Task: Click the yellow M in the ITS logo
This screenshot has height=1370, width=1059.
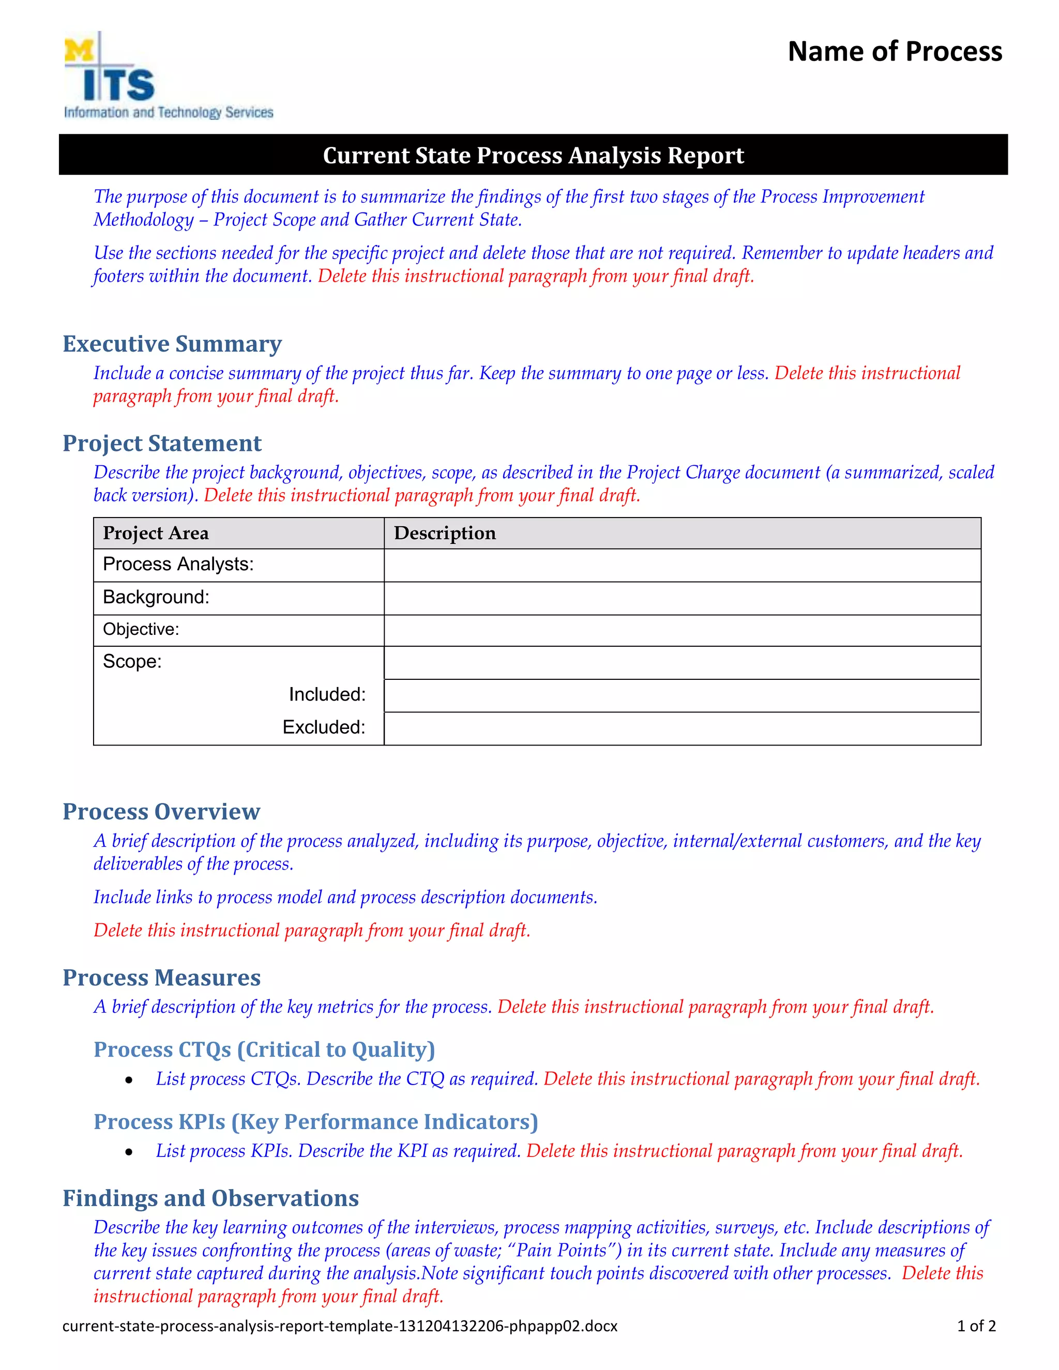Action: (79, 51)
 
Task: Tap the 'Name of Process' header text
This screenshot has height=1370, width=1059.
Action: (895, 51)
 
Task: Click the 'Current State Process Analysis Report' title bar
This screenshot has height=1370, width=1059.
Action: (533, 155)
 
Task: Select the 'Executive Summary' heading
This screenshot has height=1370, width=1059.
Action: (172, 344)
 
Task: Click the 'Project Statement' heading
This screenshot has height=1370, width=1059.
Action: (162, 444)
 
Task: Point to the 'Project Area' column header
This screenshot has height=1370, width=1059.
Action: (156, 533)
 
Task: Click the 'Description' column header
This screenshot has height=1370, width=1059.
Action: (445, 533)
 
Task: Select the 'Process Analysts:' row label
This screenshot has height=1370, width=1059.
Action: (178, 565)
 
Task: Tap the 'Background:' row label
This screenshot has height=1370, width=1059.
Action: (156, 597)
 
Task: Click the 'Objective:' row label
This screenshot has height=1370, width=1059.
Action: (141, 630)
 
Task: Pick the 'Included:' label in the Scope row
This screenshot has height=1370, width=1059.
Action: (327, 694)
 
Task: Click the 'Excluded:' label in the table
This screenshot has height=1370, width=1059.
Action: (324, 727)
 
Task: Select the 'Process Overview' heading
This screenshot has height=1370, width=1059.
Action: (161, 812)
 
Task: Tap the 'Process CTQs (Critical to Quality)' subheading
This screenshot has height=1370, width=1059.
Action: (264, 1049)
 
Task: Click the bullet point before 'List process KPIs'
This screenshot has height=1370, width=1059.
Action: (129, 1152)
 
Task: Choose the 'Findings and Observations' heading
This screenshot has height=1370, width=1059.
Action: (211, 1198)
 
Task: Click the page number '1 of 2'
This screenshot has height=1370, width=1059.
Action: (976, 1326)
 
